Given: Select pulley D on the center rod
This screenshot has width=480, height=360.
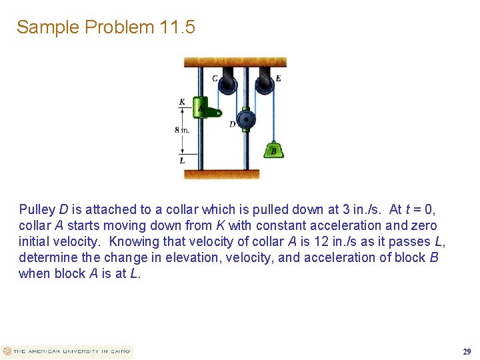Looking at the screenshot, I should [247, 121].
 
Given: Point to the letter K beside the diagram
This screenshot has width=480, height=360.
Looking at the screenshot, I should [182, 102].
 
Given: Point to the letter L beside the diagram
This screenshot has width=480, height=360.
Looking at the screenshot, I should [182, 160].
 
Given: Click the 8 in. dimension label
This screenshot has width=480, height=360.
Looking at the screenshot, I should [182, 129].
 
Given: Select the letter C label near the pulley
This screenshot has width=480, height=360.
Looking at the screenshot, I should [215, 79].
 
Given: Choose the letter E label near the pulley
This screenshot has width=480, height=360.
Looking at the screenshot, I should [278, 78].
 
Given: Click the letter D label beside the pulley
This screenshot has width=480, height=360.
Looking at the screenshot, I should [232, 124].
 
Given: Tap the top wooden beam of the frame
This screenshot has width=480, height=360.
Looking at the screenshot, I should [235, 62].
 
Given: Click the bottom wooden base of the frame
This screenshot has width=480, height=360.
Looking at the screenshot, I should [221, 175].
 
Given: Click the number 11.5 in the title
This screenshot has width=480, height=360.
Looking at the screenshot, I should [177, 27].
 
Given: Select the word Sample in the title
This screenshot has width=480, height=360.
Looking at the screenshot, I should [43, 27].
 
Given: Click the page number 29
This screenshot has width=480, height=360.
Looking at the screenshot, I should [467, 351].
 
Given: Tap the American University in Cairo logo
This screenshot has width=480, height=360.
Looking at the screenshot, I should [67, 351].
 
